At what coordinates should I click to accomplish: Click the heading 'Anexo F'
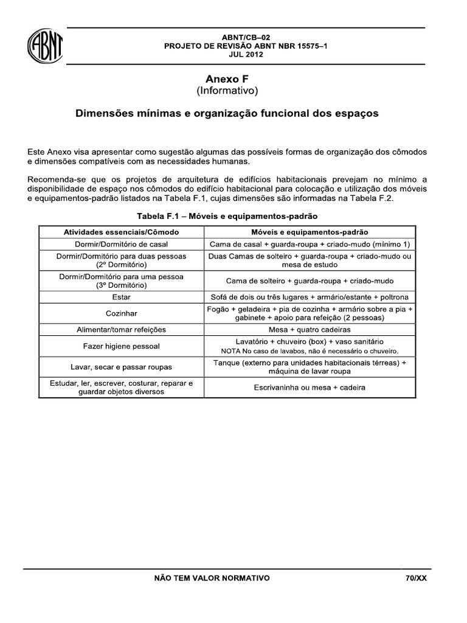[x=227, y=79]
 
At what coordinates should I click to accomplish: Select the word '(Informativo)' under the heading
[x=227, y=91]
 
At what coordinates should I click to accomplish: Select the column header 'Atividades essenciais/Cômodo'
[x=121, y=232]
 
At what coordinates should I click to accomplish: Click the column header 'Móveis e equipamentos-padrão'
[x=310, y=232]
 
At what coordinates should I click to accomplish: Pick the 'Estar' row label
[x=121, y=298]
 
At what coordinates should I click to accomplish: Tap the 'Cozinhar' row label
[x=121, y=313]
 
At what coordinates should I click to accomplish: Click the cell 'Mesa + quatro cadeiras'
[x=310, y=329]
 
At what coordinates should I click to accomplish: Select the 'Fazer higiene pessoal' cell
[x=121, y=346]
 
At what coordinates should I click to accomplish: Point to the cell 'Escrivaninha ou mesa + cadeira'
[x=310, y=388]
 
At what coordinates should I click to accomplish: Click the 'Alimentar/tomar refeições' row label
[x=121, y=329]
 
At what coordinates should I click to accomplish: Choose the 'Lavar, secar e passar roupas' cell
[x=121, y=367]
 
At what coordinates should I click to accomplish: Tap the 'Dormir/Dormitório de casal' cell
[x=121, y=244]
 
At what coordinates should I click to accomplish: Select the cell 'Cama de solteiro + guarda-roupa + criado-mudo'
[x=310, y=281]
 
